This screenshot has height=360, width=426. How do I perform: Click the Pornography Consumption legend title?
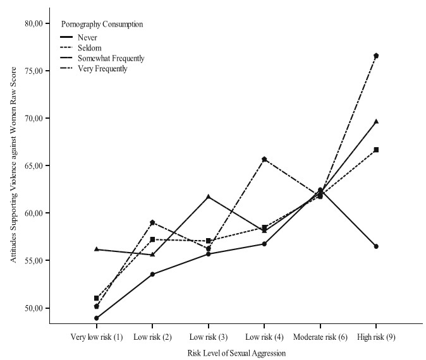coord(101,25)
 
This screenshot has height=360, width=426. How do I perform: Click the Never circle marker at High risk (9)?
coord(376,246)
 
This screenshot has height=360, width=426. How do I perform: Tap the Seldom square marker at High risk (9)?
coord(376,150)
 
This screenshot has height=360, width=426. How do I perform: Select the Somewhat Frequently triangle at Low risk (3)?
coord(209,196)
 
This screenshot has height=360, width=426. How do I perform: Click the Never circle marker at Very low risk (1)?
coord(97,318)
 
